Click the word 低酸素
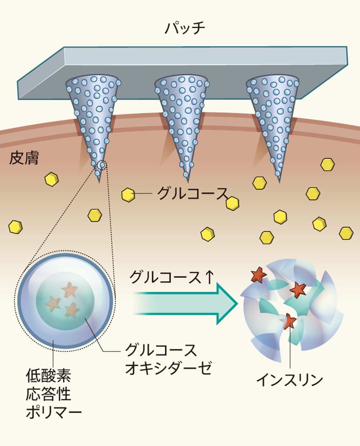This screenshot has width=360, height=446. point(48,376)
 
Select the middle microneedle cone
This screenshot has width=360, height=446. point(183,119)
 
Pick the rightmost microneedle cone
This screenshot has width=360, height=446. point(273,119)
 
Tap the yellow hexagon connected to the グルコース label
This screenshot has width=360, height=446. point(128,195)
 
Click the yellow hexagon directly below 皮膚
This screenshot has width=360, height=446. point(51,179)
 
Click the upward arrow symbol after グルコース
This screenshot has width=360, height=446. point(209,277)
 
